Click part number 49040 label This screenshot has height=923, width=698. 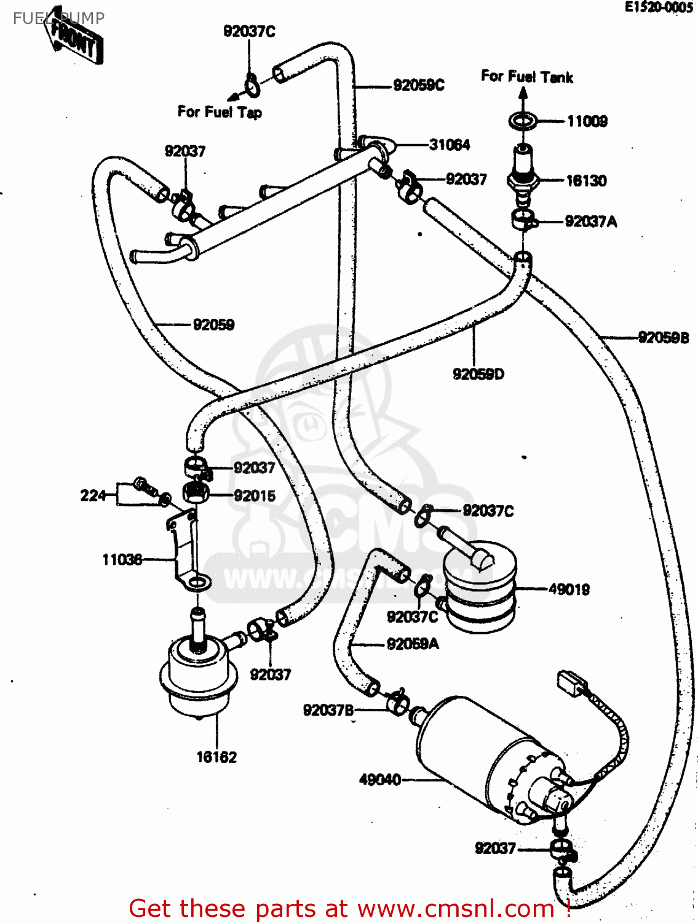[380, 780]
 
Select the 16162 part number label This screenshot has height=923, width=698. [216, 757]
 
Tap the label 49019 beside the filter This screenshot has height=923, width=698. [569, 589]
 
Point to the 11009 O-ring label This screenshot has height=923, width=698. [587, 121]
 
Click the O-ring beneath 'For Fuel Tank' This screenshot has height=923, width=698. [523, 121]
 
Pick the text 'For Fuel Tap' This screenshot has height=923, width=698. [220, 112]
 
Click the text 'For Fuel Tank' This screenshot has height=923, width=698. [527, 77]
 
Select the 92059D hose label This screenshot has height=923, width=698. [478, 374]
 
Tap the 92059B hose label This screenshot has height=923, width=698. [664, 337]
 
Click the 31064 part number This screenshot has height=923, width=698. [450, 145]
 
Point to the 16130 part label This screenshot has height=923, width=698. [586, 181]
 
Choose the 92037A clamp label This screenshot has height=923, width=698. [590, 222]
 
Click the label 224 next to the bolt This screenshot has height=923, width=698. [93, 495]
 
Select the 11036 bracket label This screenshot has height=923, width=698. [122, 559]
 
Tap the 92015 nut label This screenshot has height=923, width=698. [255, 496]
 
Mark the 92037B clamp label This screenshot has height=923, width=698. [328, 711]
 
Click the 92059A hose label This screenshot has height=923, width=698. [413, 644]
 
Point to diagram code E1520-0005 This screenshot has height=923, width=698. [659, 7]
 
